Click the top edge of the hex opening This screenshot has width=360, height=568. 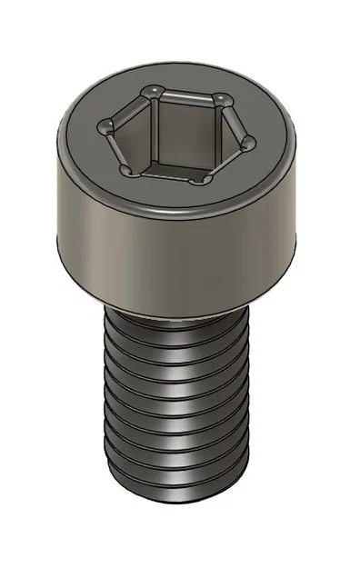[186, 93]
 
